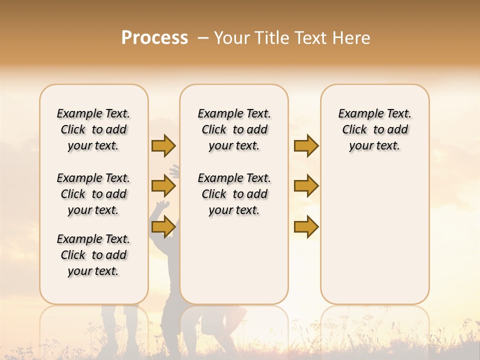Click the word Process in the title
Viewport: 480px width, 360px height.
click(x=154, y=38)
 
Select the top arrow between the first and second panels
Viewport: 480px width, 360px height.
click(x=163, y=145)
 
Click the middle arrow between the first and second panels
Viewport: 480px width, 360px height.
click(x=163, y=186)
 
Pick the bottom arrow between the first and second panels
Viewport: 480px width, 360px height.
click(x=163, y=227)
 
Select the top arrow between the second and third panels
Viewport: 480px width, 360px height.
click(x=306, y=145)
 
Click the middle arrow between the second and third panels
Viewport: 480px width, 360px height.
click(x=306, y=186)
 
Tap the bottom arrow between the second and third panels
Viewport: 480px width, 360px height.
click(x=306, y=227)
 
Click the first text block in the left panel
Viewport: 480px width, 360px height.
click(x=93, y=129)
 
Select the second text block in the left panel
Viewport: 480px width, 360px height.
click(x=93, y=194)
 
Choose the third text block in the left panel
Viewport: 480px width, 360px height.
click(x=93, y=255)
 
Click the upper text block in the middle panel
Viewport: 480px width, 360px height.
click(x=234, y=129)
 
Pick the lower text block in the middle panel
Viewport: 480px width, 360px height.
click(x=234, y=194)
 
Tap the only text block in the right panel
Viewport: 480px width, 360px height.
click(x=374, y=129)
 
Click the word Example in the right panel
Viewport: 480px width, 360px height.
click(x=357, y=113)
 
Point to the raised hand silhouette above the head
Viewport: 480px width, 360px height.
click(x=174, y=171)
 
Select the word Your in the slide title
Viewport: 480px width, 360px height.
click(x=232, y=38)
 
